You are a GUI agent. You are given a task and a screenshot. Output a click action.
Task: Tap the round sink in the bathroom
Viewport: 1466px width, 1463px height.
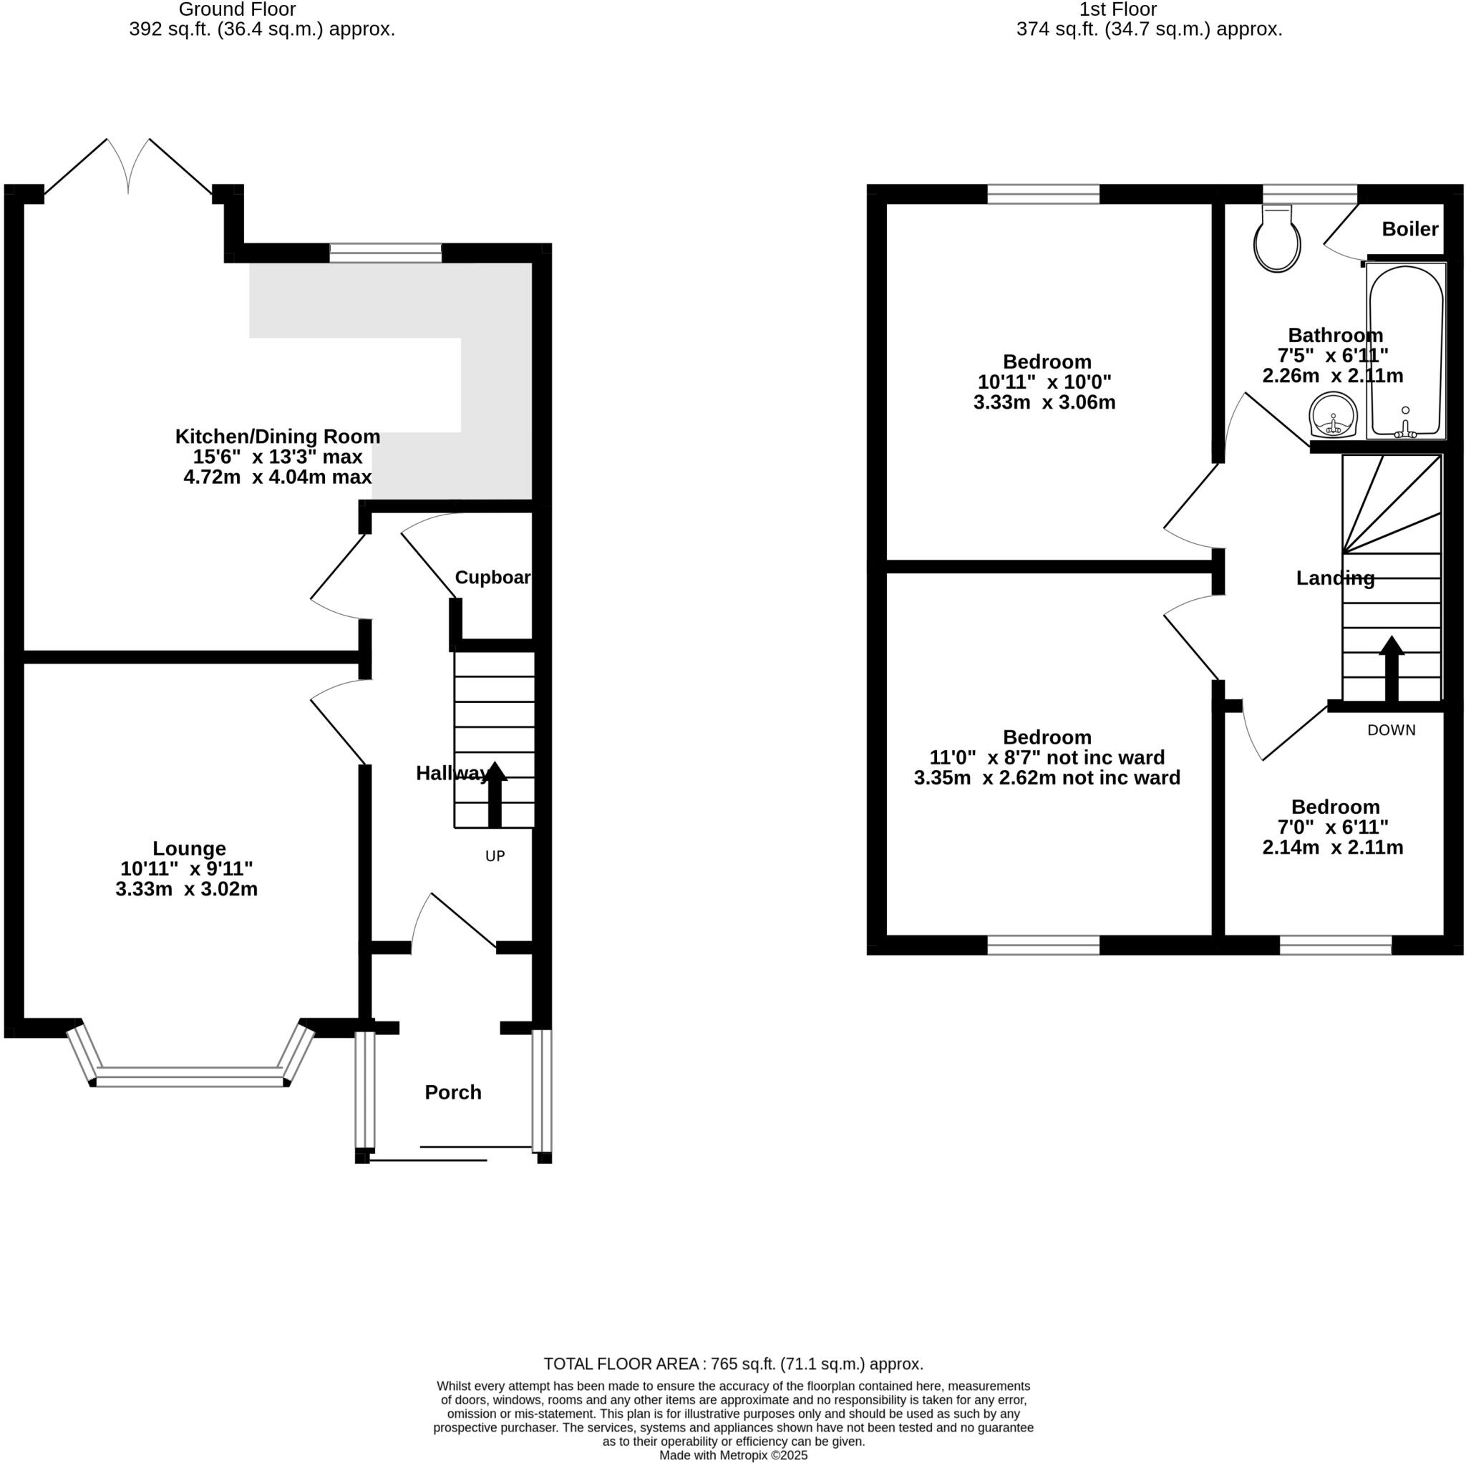(1333, 415)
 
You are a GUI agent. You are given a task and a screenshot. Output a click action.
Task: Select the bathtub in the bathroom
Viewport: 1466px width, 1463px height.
(1405, 351)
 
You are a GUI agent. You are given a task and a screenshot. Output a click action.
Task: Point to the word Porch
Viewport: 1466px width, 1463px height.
(453, 1093)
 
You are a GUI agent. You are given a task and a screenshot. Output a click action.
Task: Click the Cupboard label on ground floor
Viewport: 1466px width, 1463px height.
(492, 578)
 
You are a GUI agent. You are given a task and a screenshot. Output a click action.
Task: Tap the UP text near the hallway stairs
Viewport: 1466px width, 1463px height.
(495, 856)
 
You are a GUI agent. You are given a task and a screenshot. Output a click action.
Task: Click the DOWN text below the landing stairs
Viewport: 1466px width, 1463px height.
(1391, 730)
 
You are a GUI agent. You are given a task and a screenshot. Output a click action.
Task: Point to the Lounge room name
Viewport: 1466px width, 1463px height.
(189, 848)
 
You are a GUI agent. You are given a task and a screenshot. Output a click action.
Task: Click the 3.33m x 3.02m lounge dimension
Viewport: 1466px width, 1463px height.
(187, 888)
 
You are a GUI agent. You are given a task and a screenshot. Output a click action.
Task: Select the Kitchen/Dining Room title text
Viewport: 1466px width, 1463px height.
(278, 437)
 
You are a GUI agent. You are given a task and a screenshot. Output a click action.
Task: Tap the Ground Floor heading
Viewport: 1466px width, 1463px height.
(238, 10)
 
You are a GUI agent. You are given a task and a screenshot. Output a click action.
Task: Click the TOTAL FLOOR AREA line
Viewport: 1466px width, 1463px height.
(733, 1364)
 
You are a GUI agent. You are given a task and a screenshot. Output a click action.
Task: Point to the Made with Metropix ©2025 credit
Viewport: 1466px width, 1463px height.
(733, 1455)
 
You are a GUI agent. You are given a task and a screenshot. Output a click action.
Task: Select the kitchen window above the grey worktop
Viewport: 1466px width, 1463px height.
(386, 253)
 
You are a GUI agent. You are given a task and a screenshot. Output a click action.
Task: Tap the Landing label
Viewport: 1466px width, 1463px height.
(1335, 578)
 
